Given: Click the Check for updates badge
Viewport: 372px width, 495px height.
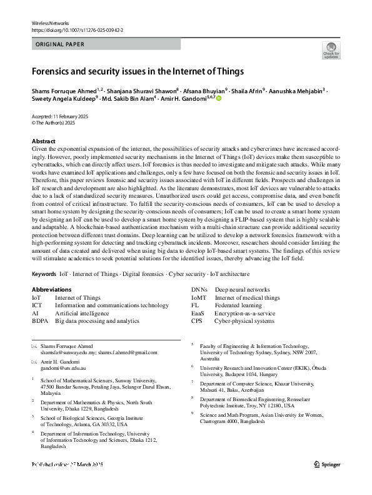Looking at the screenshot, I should coord(331,50).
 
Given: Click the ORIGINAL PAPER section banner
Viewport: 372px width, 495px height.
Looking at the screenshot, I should coord(60,44).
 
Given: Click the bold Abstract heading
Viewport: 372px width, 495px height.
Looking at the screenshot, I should coord(44,141).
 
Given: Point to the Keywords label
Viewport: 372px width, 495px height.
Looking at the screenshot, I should coord(44,274).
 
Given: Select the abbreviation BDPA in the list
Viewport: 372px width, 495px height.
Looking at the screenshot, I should coord(41,320).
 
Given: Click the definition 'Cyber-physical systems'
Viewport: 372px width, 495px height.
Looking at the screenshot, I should coord(244,321).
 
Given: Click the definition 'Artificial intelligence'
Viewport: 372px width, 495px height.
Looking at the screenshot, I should coord(84,313).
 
